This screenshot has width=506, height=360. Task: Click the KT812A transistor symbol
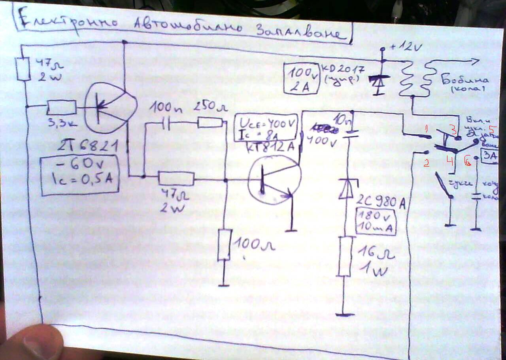[275, 180]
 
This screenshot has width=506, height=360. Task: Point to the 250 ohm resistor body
[210, 123]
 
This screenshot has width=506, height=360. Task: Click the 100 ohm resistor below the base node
[224, 244]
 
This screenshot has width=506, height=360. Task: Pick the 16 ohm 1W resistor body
[345, 256]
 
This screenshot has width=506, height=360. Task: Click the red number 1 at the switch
[426, 128]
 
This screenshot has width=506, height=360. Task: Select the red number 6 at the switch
[468, 162]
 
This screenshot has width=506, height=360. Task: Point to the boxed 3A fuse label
[489, 155]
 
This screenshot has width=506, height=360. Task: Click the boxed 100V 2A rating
[302, 78]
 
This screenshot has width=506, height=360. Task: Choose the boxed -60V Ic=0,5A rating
[79, 176]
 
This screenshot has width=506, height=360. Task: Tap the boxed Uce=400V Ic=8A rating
[266, 127]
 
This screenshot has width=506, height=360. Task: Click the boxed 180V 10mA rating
[376, 221]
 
